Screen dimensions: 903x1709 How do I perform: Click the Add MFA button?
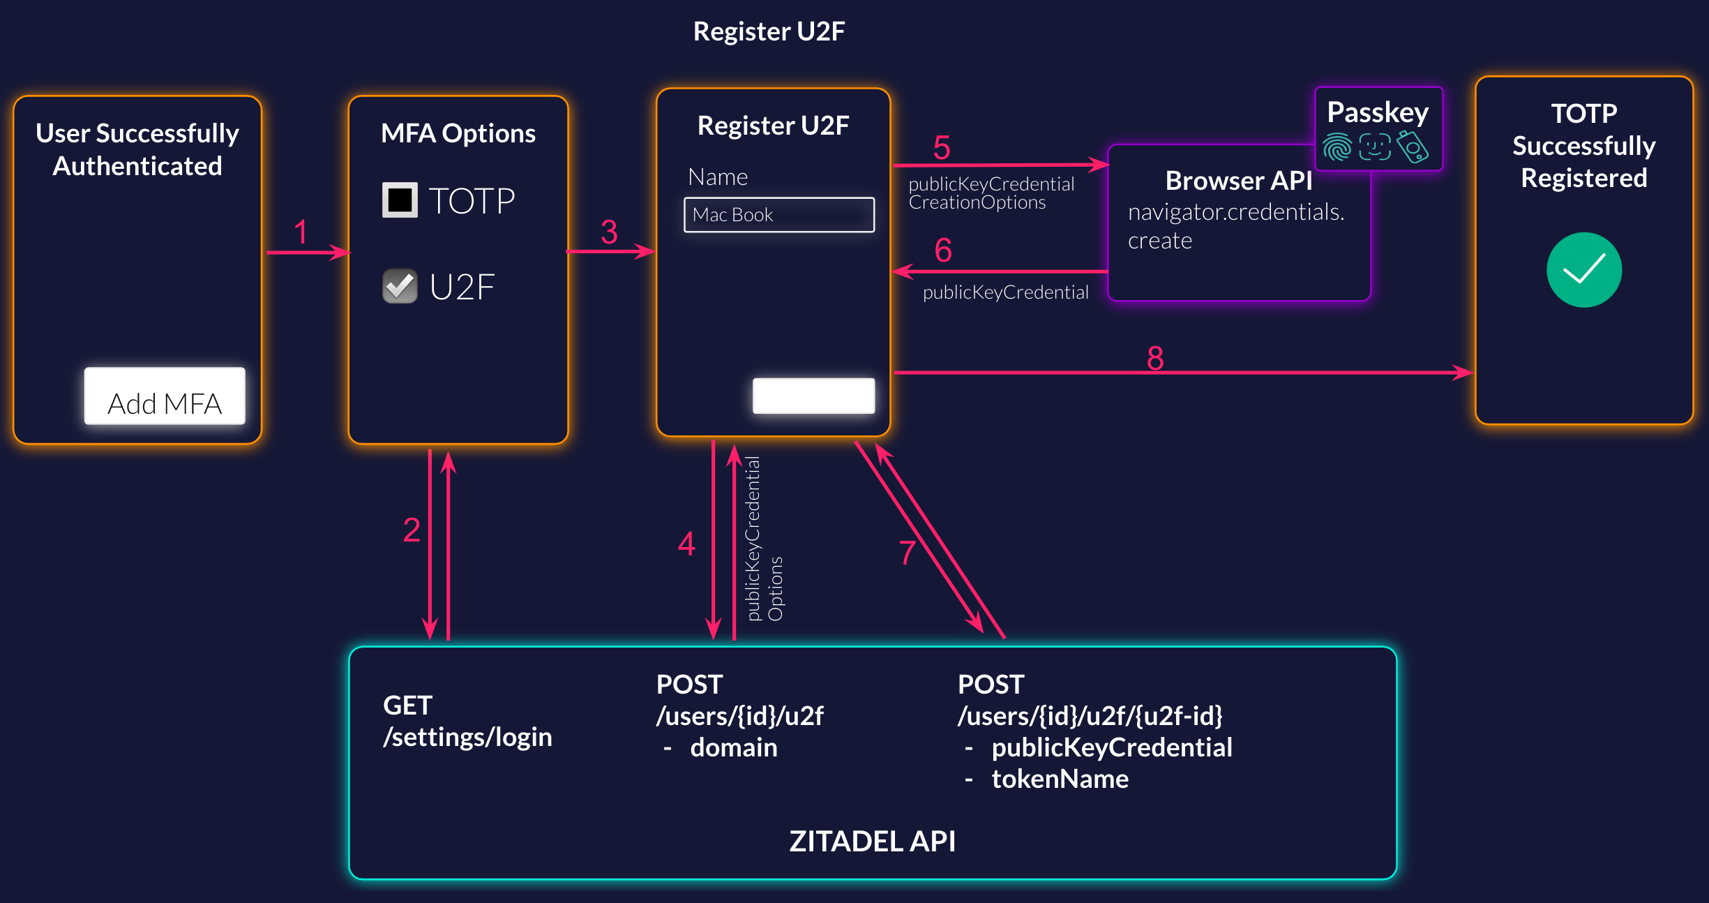point(165,396)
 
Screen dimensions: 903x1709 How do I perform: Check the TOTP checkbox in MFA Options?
point(400,200)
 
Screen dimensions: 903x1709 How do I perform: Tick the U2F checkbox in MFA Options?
point(400,286)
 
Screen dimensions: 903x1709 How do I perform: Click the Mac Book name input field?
point(778,215)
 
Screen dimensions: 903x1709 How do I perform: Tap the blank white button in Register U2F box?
point(813,396)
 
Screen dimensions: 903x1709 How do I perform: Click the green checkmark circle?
point(1583,270)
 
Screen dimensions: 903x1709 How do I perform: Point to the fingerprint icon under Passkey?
point(1337,147)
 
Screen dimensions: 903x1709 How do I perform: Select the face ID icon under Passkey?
point(1375,147)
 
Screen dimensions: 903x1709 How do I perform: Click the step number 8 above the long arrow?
point(1155,358)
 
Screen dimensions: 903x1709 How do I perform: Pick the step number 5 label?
point(942,148)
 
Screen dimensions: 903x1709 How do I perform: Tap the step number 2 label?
point(412,530)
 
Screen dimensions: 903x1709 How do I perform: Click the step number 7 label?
point(907,553)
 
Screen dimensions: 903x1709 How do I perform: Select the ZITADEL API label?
point(872,841)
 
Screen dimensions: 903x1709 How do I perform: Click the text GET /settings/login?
point(467,721)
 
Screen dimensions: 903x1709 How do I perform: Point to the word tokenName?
point(1060,779)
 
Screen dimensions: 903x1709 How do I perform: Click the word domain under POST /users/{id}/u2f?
point(733,747)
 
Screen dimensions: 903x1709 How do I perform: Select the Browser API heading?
point(1238,181)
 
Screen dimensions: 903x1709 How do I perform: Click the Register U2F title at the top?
point(769,31)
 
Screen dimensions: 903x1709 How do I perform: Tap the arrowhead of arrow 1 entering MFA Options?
point(342,252)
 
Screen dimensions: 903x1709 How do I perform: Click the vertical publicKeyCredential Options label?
point(763,539)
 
